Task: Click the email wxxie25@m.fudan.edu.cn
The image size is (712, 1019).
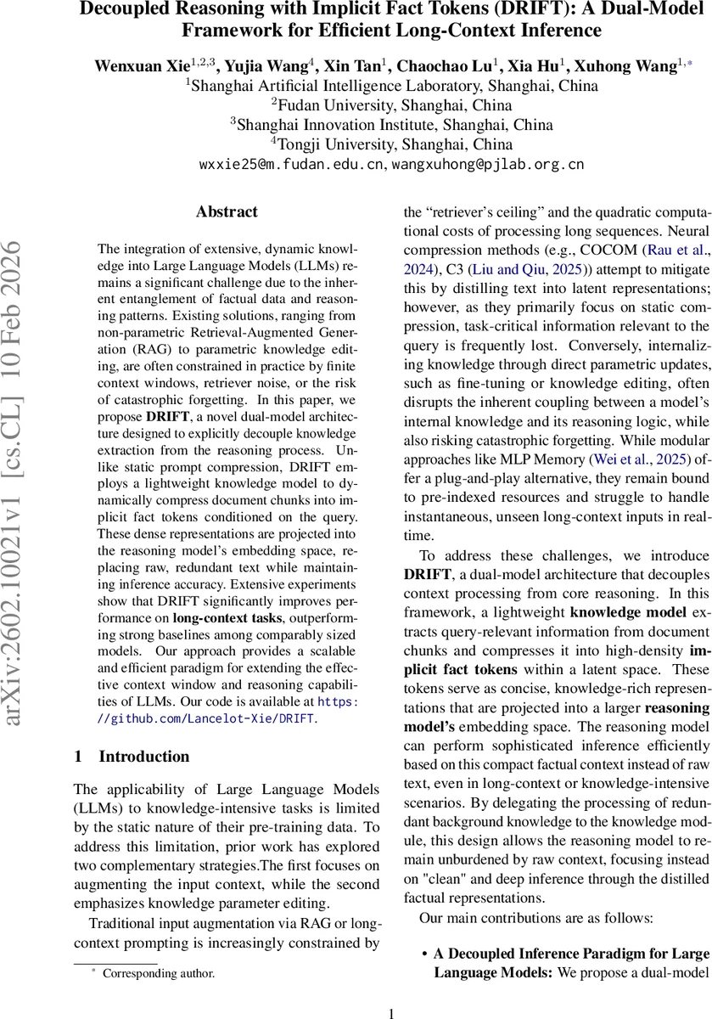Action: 291,164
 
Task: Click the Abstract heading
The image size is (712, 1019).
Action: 227,211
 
